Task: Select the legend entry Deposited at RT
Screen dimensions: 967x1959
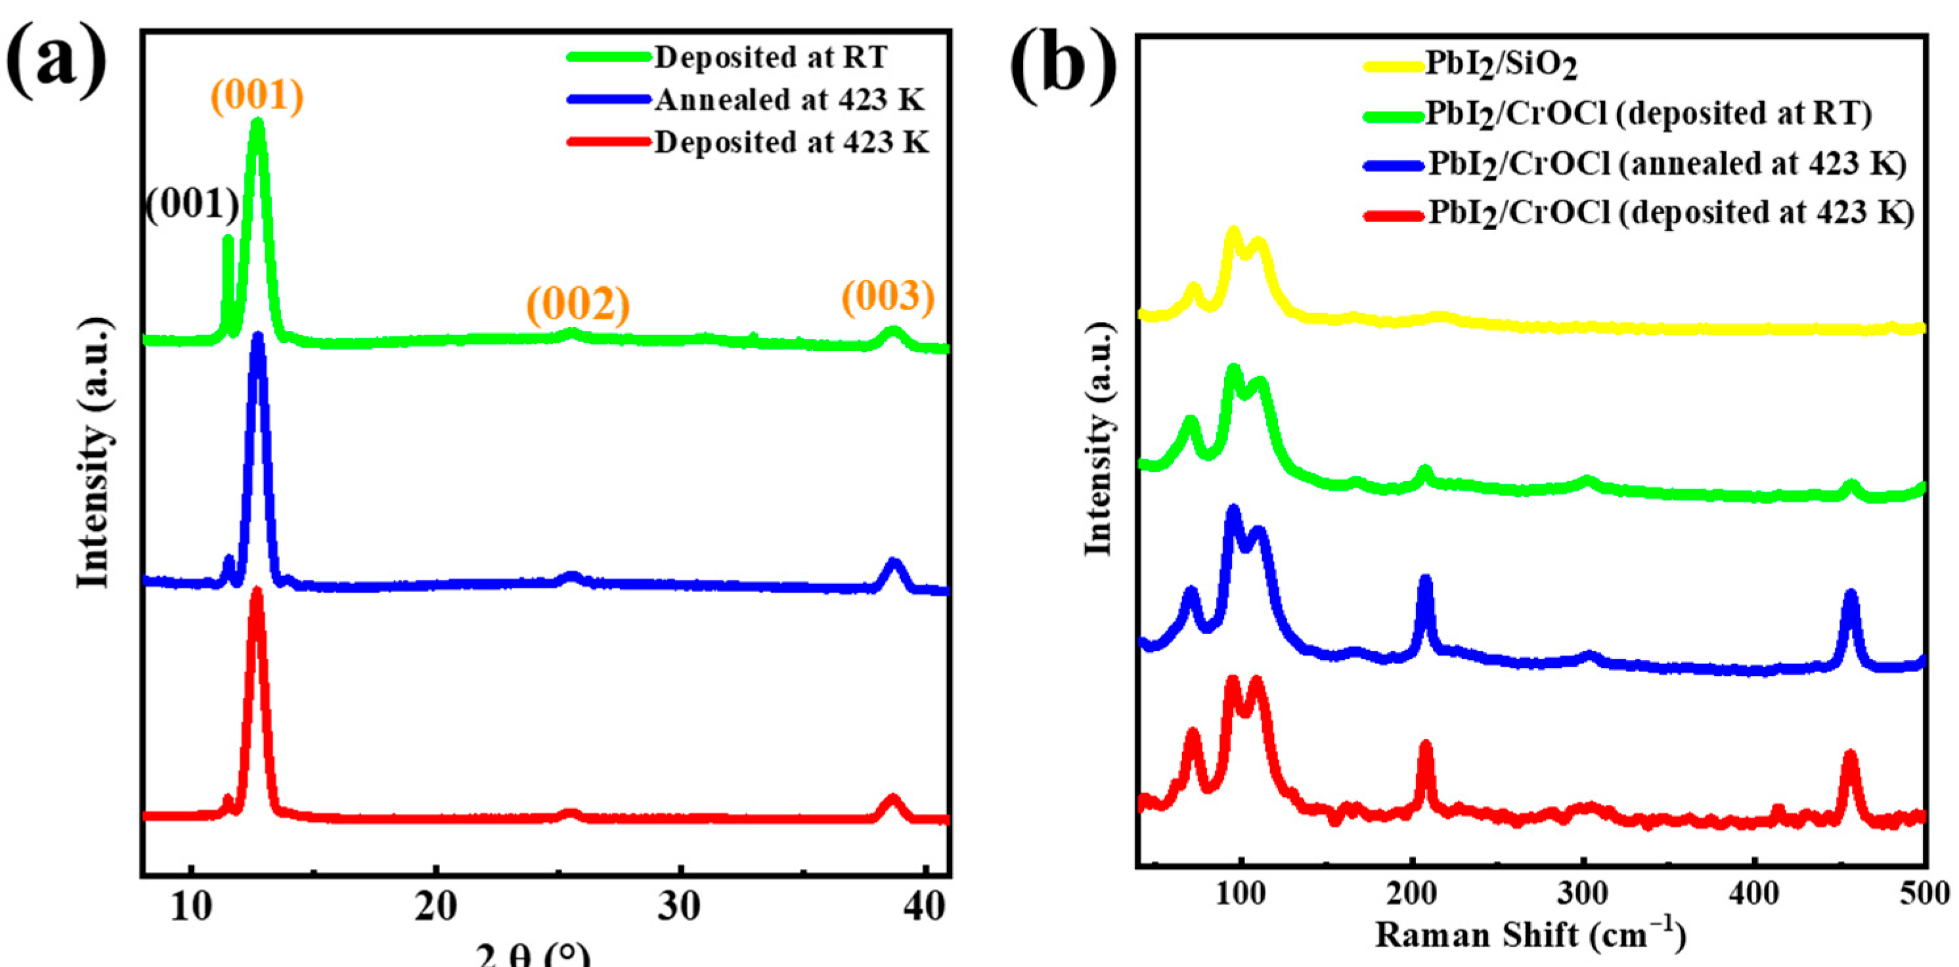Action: (770, 57)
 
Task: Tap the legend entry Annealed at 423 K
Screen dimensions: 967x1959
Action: (789, 100)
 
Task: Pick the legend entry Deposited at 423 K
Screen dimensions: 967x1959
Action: (791, 143)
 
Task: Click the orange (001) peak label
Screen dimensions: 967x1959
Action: (257, 96)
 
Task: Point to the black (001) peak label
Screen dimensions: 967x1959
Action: (192, 205)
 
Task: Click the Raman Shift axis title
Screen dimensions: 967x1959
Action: (1530, 934)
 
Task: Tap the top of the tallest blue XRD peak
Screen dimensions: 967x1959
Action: (258, 337)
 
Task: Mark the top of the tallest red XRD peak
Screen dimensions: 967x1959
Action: (256, 591)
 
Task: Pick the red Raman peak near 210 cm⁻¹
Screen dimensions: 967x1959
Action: (1426, 745)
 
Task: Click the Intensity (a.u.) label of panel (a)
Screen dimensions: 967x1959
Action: (95, 452)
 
